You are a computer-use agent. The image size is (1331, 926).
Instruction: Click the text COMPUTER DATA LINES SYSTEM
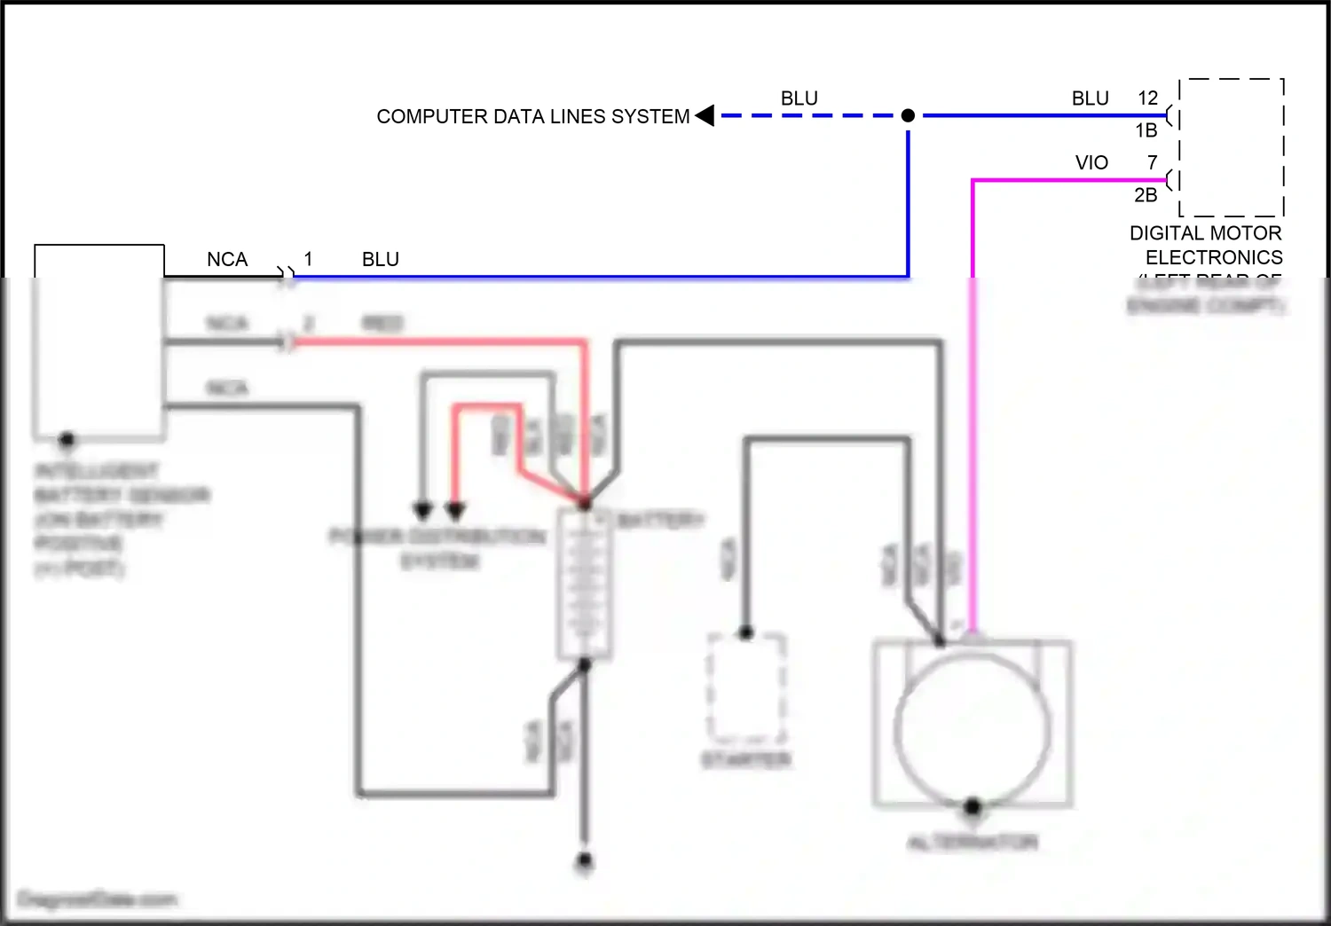pos(532,116)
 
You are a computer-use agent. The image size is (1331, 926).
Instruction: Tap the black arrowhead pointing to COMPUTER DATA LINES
pos(705,115)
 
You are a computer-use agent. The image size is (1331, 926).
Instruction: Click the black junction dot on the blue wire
pos(908,115)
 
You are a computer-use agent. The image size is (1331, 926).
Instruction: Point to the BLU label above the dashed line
pos(799,98)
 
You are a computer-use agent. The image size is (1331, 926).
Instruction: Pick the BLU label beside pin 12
pos(1090,98)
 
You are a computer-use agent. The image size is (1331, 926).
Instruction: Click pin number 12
pos(1147,98)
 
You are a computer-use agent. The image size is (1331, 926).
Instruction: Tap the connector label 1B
pos(1146,130)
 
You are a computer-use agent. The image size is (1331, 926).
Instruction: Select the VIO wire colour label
pos(1091,163)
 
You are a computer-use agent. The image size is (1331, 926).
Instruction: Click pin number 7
pos(1152,163)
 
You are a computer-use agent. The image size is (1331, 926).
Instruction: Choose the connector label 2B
pos(1146,195)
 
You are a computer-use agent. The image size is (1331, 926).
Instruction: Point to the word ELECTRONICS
pos(1214,257)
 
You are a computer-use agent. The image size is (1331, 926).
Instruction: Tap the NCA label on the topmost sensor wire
pos(227,259)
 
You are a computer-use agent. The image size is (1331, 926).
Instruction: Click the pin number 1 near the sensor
pos(308,259)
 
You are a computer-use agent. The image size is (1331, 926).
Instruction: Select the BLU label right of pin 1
pos(380,259)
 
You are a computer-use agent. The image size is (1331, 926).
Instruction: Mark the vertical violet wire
pos(973,399)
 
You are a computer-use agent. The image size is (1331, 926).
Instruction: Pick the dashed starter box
pos(746,687)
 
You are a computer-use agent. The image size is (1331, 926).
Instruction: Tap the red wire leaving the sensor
pos(444,341)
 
